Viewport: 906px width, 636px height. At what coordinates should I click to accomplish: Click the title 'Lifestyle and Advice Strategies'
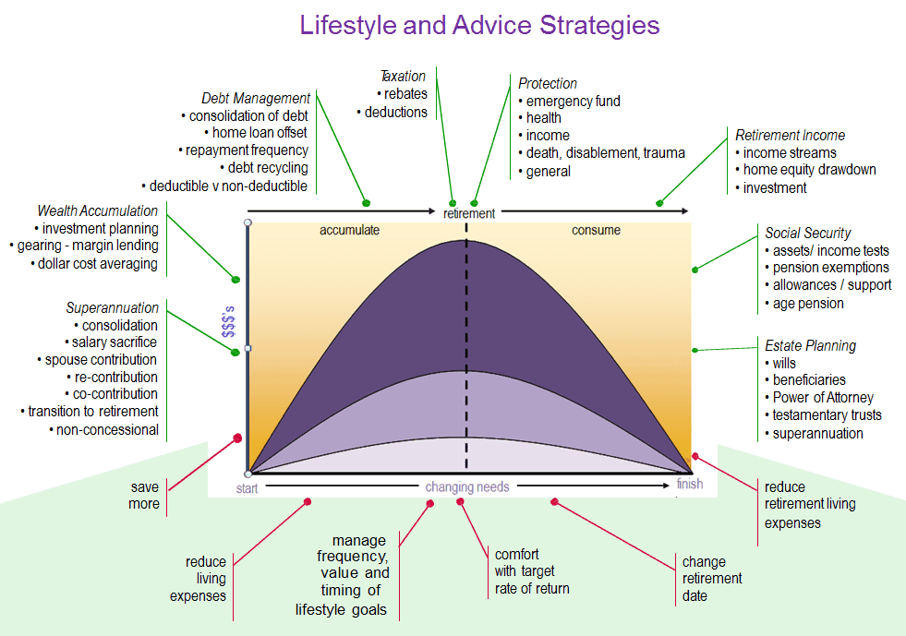(479, 26)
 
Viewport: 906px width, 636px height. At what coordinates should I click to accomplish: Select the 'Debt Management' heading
(256, 98)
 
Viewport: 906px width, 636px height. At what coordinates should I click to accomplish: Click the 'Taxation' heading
(403, 77)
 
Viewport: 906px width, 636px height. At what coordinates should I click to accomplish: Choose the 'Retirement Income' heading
(790, 135)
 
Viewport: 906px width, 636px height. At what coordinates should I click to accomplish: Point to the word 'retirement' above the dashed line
(469, 214)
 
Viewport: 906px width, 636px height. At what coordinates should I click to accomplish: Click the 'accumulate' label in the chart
(350, 230)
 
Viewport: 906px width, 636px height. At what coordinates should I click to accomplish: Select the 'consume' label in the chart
(597, 230)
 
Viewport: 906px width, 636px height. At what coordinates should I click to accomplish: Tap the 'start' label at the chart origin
(247, 488)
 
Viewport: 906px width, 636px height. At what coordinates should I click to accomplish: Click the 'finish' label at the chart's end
(690, 484)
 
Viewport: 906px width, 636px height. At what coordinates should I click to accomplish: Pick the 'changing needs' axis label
(467, 487)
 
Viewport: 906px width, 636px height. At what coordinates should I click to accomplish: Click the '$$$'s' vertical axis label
(229, 322)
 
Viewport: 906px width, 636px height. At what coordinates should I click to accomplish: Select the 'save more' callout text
(144, 496)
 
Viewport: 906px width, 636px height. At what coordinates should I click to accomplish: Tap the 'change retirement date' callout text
(712, 579)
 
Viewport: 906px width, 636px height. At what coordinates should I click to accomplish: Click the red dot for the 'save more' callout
(237, 438)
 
